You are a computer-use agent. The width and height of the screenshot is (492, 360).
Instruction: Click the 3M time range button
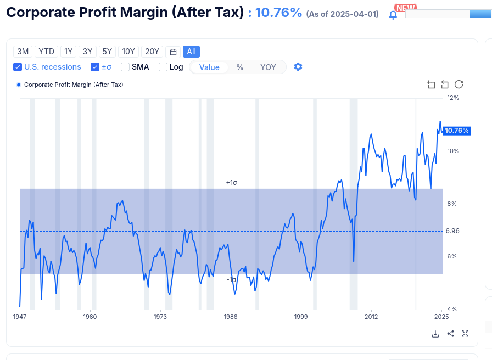23,52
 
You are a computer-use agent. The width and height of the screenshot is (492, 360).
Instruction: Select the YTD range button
46,52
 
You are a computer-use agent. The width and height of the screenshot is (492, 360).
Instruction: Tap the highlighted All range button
191,52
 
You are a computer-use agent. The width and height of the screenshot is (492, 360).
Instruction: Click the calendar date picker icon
173,52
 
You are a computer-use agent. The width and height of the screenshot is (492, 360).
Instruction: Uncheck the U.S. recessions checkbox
18,67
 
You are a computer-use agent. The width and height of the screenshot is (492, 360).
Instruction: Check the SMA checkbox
125,67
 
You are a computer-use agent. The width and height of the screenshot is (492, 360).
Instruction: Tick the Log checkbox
163,67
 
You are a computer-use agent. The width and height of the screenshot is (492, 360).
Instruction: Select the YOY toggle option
268,67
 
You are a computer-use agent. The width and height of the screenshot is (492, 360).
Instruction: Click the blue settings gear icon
298,67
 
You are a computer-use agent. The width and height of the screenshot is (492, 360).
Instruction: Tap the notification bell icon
393,15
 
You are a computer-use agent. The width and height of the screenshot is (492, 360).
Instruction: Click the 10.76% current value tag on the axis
457,131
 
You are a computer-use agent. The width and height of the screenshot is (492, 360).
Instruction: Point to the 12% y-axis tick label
453,98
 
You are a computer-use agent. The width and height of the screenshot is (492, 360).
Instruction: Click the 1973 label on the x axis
160,317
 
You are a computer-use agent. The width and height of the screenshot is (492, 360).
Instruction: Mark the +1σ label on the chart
231,183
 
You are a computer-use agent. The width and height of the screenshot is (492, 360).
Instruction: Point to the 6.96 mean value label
452,231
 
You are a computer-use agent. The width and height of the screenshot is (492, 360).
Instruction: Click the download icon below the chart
435,334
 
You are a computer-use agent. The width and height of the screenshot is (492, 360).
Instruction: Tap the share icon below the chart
450,334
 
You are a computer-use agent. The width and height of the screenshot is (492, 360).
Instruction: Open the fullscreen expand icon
465,334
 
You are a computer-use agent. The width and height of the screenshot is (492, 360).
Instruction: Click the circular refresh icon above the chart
459,85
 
